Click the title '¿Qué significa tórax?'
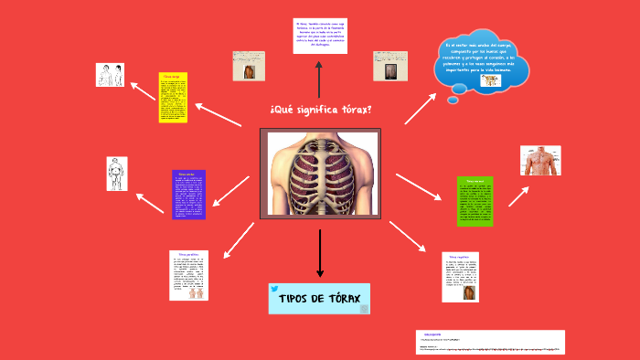coord(320,110)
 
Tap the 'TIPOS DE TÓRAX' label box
coord(319,299)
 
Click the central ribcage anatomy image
coord(320,174)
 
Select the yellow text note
coord(173,98)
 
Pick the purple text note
coord(188,194)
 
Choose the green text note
coord(475,200)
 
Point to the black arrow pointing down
coord(320,253)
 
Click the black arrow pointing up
coord(318,80)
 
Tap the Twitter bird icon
coord(274,289)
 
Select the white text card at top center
coord(318,37)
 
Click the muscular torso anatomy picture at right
coord(539,160)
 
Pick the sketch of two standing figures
coord(110,75)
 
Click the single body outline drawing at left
coord(116,174)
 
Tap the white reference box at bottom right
coord(489,342)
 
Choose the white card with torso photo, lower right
coord(460,277)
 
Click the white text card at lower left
coord(188,275)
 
